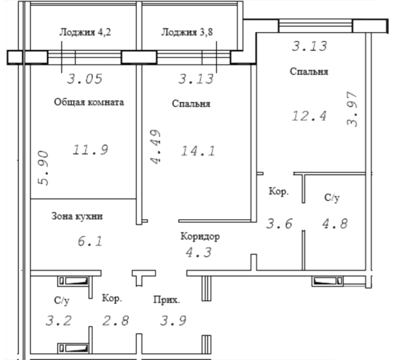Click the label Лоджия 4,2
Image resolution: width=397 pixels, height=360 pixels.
tap(85, 32)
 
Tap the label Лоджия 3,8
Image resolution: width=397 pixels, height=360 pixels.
tap(187, 32)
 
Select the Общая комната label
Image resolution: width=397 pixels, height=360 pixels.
tap(89, 102)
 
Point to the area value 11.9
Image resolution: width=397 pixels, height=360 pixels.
tap(90, 150)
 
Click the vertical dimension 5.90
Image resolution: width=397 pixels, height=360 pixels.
tap(42, 168)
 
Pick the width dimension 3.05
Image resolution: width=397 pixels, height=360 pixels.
tap(85, 79)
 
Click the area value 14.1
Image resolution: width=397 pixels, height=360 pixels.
tap(198, 151)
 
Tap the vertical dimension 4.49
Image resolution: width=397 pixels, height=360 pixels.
tap(155, 147)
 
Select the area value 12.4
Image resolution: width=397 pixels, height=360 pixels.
tap(309, 116)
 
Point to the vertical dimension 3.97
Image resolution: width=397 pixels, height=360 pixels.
tap(352, 109)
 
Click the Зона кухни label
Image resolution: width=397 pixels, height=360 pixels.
tap(77, 216)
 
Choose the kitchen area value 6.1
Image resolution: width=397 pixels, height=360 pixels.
tap(90, 241)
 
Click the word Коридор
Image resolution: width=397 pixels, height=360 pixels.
tap(200, 236)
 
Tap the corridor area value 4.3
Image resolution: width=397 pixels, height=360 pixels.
tap(198, 253)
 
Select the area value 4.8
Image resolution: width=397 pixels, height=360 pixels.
tap(335, 224)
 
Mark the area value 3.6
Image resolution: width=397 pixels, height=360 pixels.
tap(279, 224)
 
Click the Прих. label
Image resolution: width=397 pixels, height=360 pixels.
tap(166, 300)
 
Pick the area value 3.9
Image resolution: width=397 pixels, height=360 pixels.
tap(173, 321)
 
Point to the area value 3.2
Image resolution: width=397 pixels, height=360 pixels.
tap(59, 321)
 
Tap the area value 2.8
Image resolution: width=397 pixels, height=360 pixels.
tap(116, 321)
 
